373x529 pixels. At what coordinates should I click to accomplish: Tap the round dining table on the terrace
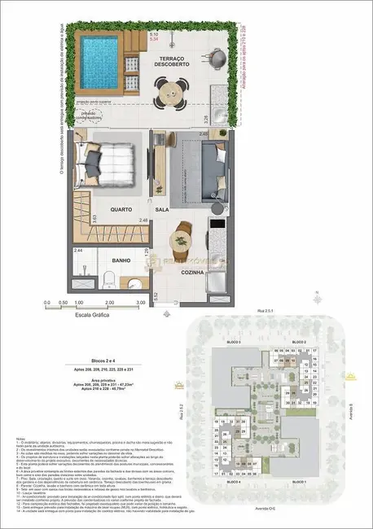pos(173,94)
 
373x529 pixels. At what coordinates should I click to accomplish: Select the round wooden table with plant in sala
pos(181,240)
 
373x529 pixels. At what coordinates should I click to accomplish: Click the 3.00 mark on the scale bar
pos(142,302)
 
